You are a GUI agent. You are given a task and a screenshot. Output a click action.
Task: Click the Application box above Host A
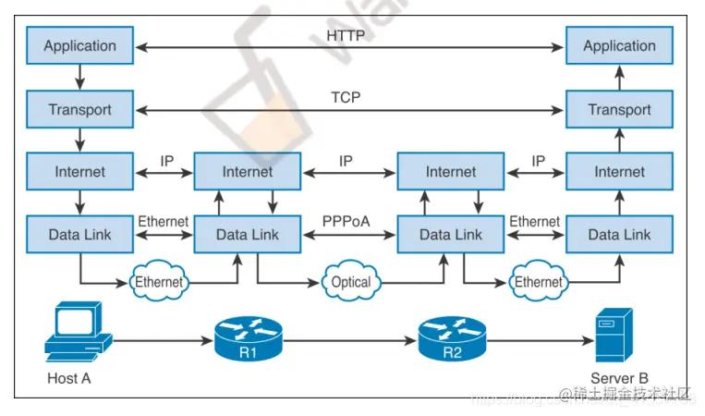79,45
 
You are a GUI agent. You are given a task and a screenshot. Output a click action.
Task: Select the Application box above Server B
619,45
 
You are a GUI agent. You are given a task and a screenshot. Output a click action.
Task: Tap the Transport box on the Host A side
79,109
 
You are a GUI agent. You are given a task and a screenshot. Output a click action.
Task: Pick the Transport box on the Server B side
619,109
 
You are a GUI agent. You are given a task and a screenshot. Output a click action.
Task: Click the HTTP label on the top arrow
346,36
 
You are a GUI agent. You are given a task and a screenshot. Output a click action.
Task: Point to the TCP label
346,98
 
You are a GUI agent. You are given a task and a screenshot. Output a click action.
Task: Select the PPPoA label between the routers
346,222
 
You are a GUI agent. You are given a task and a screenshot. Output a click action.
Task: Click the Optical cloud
350,282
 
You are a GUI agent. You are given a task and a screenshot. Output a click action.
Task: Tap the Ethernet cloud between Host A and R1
159,281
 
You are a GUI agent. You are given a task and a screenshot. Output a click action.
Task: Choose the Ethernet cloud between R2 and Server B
538,281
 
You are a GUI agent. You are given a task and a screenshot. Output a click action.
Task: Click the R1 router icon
247,339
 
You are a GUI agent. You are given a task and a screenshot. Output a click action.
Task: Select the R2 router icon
450,339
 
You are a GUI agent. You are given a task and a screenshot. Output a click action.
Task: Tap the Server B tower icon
614,336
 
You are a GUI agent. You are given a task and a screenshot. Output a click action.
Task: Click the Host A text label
69,378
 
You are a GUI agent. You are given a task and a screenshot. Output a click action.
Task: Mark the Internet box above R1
247,172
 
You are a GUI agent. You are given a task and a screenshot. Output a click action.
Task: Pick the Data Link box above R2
451,235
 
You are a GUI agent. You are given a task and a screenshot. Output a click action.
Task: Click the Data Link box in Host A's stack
79,235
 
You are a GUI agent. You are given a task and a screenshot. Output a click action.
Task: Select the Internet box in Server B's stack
619,172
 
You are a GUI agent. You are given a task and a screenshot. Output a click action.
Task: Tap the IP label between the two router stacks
346,161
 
